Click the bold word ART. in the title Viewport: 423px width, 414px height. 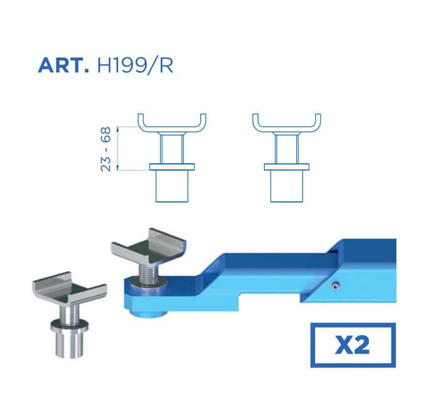point(63,65)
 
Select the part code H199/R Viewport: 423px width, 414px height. point(135,65)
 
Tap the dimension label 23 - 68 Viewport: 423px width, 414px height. point(105,149)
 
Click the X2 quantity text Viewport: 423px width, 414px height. point(352,346)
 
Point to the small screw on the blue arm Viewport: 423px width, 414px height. point(335,285)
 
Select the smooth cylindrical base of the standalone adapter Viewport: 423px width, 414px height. point(69,345)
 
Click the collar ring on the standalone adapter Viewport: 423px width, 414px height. point(69,326)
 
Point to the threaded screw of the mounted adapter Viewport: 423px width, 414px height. point(149,273)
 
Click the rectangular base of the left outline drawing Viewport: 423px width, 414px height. point(172,186)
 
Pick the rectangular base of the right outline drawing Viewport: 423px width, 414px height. point(286,186)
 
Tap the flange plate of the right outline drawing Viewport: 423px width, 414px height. point(286,167)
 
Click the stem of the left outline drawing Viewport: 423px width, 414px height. point(172,149)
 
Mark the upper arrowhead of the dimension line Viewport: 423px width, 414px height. point(117,129)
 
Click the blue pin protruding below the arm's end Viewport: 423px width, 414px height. point(148,314)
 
